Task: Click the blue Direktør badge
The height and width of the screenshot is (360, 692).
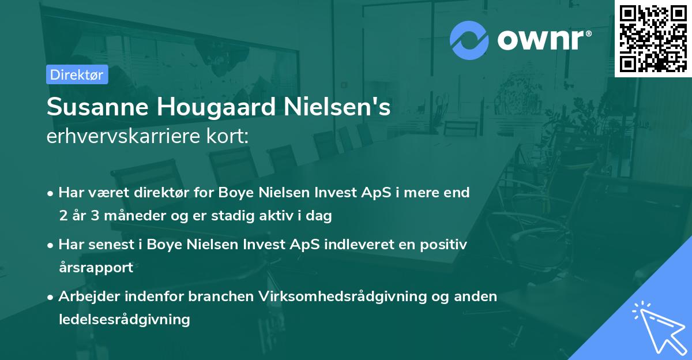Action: (77, 74)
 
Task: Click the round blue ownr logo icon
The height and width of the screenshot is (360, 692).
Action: (469, 40)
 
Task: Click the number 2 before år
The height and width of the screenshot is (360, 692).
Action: (62, 216)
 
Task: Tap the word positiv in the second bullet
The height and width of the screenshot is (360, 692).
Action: (443, 244)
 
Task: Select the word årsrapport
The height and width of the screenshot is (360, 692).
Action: (96, 268)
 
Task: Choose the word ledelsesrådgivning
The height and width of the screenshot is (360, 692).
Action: (124, 319)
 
